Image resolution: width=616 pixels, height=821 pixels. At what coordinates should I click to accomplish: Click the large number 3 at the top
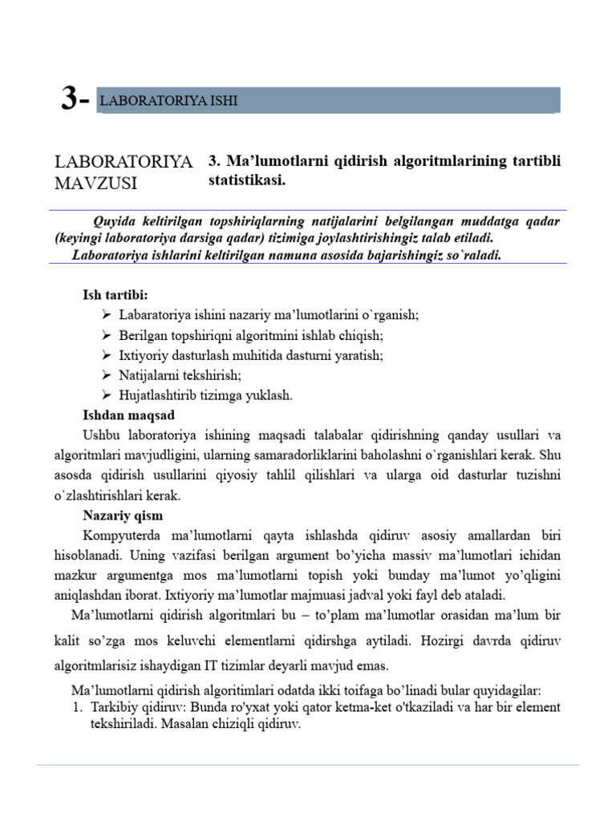click(70, 99)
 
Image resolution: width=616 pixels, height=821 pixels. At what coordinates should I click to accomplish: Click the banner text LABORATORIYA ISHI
click(168, 101)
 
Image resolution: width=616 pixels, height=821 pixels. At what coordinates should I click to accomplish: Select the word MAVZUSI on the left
click(95, 184)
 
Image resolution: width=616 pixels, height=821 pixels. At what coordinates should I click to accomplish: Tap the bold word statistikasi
click(247, 180)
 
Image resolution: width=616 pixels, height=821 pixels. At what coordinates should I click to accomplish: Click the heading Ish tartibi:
click(115, 295)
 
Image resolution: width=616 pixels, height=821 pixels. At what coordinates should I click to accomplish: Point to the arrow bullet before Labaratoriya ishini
click(108, 315)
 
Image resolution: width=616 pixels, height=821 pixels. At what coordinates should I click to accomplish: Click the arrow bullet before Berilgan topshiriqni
click(108, 335)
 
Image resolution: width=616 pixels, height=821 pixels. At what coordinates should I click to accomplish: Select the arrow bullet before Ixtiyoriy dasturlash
click(108, 354)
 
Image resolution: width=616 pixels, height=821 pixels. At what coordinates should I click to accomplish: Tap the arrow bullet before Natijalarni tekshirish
click(108, 374)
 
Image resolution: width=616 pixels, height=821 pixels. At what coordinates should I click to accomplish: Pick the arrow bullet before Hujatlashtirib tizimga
click(108, 394)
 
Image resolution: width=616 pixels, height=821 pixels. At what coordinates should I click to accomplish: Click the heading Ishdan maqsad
click(128, 415)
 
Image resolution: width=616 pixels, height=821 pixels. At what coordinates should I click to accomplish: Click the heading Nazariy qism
click(123, 515)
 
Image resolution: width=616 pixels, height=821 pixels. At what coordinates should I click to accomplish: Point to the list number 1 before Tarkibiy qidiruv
click(78, 707)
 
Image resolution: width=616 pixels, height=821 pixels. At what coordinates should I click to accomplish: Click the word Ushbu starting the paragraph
click(100, 435)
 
